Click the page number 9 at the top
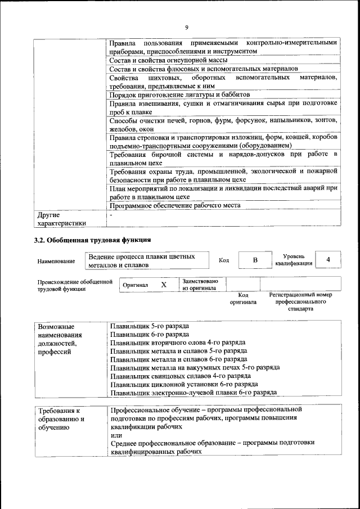pyautogui.click(x=186, y=28)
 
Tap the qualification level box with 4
pyautogui.click(x=328, y=259)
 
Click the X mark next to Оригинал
pyautogui.click(x=164, y=285)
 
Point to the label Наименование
pyautogui.click(x=56, y=261)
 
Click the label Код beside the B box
pyautogui.click(x=223, y=260)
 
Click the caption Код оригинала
pyautogui.click(x=243, y=299)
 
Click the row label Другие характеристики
pyautogui.click(x=62, y=219)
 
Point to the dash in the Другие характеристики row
pyautogui.click(x=111, y=214)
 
